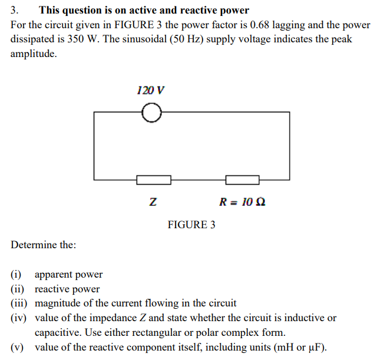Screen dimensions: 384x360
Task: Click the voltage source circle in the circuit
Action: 151,112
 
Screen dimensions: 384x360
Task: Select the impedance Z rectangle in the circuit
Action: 154,179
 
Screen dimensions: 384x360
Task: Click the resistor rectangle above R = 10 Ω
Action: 243,179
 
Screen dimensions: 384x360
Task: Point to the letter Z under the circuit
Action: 153,202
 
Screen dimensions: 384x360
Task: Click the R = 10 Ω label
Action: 242,202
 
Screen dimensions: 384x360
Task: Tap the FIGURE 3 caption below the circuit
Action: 191,225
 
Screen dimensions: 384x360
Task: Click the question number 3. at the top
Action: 15,10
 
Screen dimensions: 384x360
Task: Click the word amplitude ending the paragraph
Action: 34,54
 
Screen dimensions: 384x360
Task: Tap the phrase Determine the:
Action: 43,245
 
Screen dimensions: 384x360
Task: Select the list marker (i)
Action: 16,274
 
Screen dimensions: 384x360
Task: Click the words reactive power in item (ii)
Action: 67,289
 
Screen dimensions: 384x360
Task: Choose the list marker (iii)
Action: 20,304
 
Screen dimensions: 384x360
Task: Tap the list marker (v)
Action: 18,346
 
